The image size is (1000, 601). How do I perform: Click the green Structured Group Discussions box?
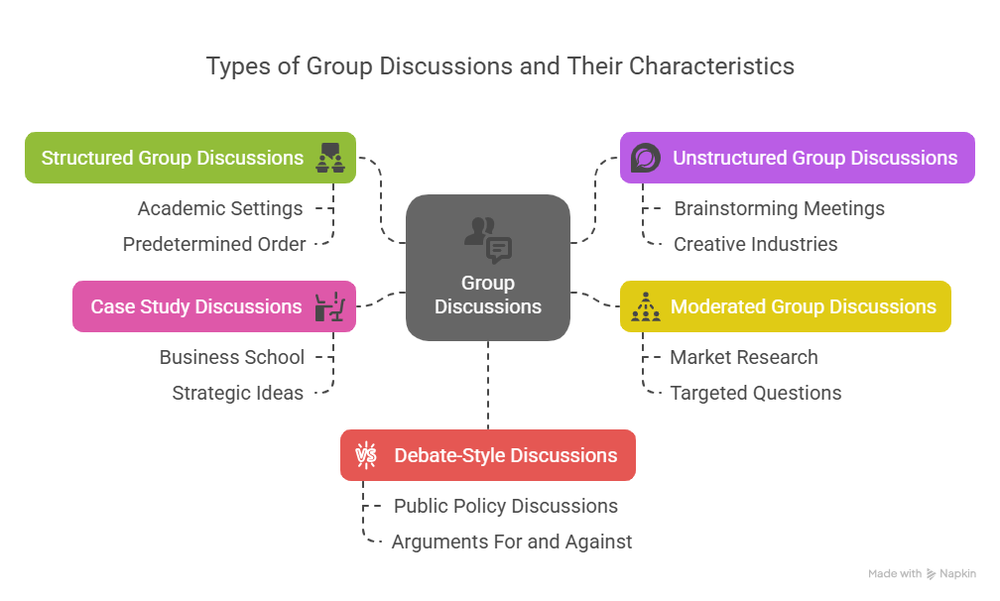coord(189,158)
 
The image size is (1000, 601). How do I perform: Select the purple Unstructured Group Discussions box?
coord(797,158)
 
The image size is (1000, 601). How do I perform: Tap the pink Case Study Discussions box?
coord(213,306)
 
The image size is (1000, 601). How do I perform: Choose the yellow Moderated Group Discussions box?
coord(785,306)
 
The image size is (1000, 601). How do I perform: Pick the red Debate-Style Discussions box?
coord(487,455)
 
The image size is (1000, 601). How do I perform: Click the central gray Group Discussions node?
coord(488,268)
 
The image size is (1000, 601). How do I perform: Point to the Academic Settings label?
coord(220,208)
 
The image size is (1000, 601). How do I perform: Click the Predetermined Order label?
coord(214,244)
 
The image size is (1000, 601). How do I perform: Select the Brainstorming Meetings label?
coord(779,208)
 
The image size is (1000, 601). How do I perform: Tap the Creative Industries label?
coord(755,244)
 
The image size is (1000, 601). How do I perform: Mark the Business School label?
coord(232,357)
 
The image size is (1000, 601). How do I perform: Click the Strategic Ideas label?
coord(237,393)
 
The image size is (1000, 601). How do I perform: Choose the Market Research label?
coord(744,357)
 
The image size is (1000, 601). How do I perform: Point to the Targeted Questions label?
coord(755,393)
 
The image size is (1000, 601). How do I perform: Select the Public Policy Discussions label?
coord(505,506)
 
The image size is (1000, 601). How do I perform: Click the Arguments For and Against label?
coord(512,541)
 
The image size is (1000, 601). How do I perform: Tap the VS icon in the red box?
coord(366,455)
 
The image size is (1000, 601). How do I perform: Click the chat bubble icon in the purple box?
coord(646,158)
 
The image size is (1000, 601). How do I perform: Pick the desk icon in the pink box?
coord(330,306)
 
